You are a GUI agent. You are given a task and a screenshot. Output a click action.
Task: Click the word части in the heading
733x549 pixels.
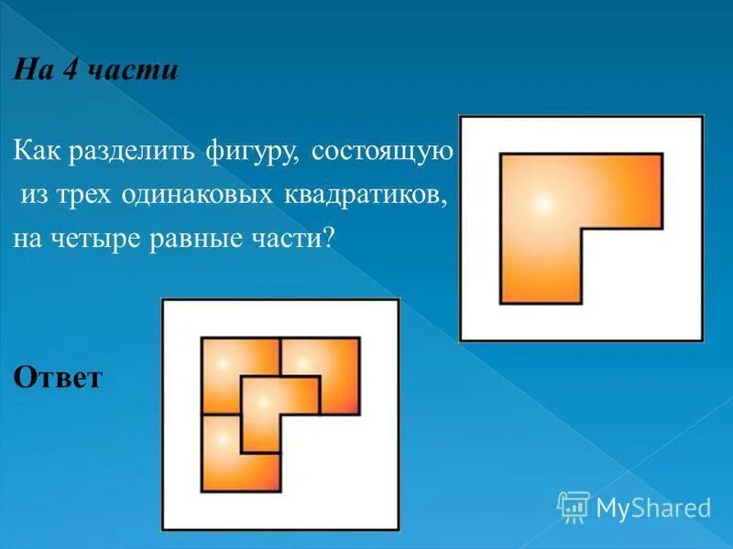tap(131, 71)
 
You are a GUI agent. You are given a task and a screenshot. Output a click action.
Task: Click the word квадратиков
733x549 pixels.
tap(367, 196)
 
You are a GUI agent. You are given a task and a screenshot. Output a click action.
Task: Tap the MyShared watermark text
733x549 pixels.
tap(653, 507)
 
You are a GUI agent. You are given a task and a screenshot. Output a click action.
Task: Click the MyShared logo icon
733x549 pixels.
tap(574, 506)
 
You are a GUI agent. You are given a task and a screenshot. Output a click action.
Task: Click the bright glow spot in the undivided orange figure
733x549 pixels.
tap(542, 203)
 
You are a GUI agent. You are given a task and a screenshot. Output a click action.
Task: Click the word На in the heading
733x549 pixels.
tap(31, 71)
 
